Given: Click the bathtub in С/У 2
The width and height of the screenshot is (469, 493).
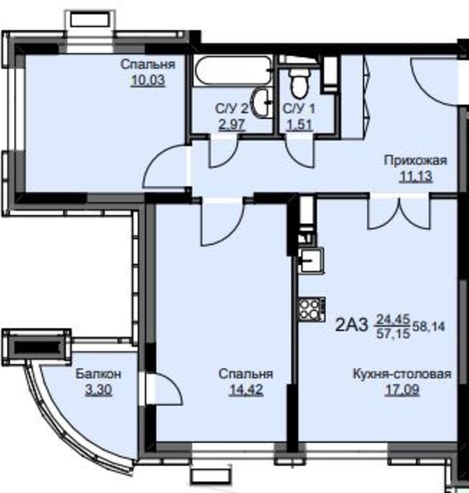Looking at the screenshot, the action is (x=233, y=70).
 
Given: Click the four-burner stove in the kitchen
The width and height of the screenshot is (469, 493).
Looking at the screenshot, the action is (x=311, y=310).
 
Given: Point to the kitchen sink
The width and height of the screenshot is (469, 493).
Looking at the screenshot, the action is (x=311, y=260).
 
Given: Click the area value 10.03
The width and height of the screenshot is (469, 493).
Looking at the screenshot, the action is (x=148, y=80).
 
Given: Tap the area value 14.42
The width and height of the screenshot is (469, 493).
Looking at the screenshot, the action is (x=246, y=389).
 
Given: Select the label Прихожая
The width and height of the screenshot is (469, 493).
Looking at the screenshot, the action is (x=415, y=160).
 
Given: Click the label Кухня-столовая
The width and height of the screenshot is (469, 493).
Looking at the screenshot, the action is (x=402, y=374).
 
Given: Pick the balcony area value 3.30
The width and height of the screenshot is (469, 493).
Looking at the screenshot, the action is (x=99, y=390).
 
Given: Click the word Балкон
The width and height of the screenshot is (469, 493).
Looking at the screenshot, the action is (x=99, y=374).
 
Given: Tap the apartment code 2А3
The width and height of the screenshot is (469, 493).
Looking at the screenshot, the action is (x=351, y=325).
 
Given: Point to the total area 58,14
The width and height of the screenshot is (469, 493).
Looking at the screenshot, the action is (x=429, y=327).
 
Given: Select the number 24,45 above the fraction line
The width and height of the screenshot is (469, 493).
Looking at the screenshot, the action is (x=394, y=320).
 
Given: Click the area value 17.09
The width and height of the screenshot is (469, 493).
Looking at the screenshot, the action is (x=402, y=390).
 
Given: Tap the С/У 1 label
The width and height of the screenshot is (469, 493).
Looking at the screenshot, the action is (x=299, y=109).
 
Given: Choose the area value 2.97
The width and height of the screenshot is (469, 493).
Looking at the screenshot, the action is (x=232, y=125).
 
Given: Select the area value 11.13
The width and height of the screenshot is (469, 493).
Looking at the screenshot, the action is (x=416, y=176).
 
